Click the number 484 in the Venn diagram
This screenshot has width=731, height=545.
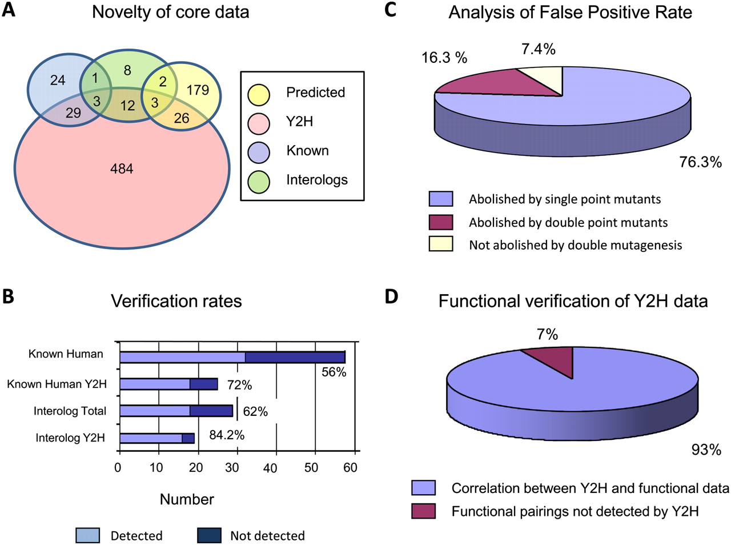tap(122, 169)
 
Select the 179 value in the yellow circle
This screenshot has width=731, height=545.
tap(198, 90)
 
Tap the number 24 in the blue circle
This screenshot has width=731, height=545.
tap(58, 80)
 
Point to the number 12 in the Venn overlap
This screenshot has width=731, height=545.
tap(127, 105)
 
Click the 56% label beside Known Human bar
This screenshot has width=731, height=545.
tap(334, 372)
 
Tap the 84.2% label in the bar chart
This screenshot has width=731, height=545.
tap(227, 435)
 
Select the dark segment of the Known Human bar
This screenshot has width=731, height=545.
tap(295, 357)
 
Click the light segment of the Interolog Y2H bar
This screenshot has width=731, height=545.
tap(151, 438)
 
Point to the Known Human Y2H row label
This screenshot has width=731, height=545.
tap(57, 384)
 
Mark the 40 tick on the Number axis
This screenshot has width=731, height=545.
tap(270, 468)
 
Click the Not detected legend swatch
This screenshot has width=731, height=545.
tap(209, 535)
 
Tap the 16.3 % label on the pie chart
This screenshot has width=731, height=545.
tap(444, 58)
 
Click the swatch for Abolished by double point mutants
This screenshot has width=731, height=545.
tap(441, 222)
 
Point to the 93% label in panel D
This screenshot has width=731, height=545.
tap(706, 450)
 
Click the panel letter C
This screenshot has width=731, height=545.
tap(391, 10)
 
